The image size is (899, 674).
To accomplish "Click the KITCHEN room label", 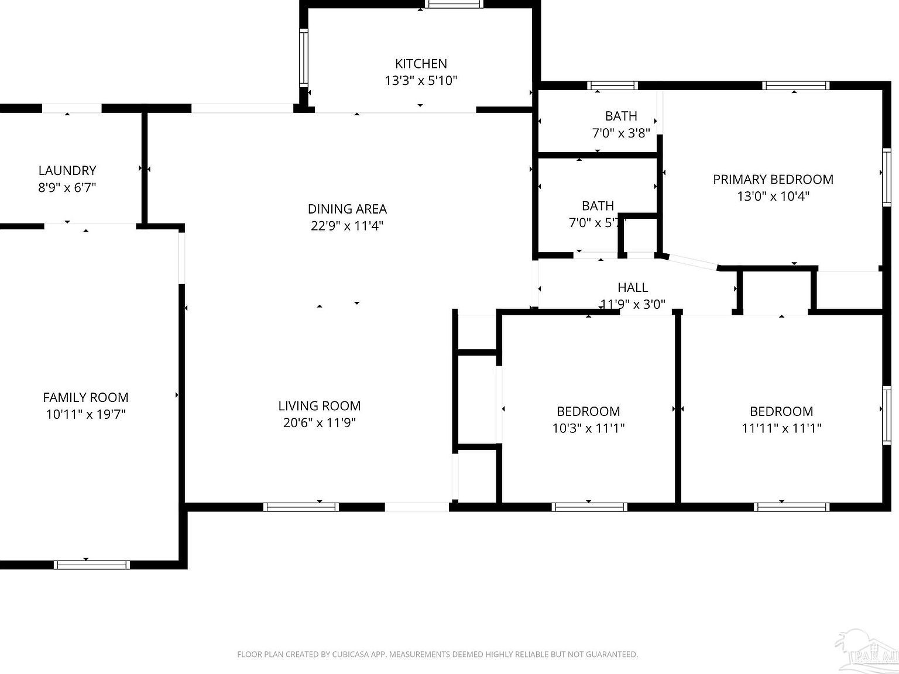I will pyautogui.click(x=421, y=64).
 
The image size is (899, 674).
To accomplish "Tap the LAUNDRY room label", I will pyautogui.click(x=67, y=170).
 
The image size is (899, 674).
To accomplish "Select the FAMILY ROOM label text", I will pyautogui.click(x=85, y=397).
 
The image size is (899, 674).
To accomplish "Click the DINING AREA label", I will pyautogui.click(x=347, y=209).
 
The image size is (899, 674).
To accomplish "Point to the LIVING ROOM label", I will pyautogui.click(x=319, y=405).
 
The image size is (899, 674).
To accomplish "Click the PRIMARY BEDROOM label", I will pyautogui.click(x=773, y=180).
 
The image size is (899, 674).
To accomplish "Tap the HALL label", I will pyautogui.click(x=633, y=287).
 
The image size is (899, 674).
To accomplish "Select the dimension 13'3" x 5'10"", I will pyautogui.click(x=421, y=81).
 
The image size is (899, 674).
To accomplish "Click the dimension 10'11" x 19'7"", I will pyautogui.click(x=86, y=415).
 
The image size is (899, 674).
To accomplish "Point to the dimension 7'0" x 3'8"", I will pyautogui.click(x=621, y=133).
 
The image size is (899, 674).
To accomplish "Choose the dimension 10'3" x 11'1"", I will pyautogui.click(x=588, y=428).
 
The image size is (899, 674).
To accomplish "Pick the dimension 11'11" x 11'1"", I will pyautogui.click(x=781, y=428).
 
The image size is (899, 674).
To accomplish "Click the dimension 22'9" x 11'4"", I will pyautogui.click(x=347, y=226).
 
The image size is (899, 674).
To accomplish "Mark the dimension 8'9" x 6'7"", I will pyautogui.click(x=67, y=188).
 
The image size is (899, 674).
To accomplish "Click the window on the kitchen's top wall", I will pyautogui.click(x=454, y=4).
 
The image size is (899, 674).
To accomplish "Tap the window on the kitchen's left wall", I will pyautogui.click(x=303, y=57).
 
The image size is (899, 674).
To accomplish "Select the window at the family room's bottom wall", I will pyautogui.click(x=91, y=565).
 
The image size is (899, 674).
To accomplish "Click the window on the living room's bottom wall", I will pyautogui.click(x=301, y=507).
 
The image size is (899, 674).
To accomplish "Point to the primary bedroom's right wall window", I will pyautogui.click(x=886, y=177).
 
